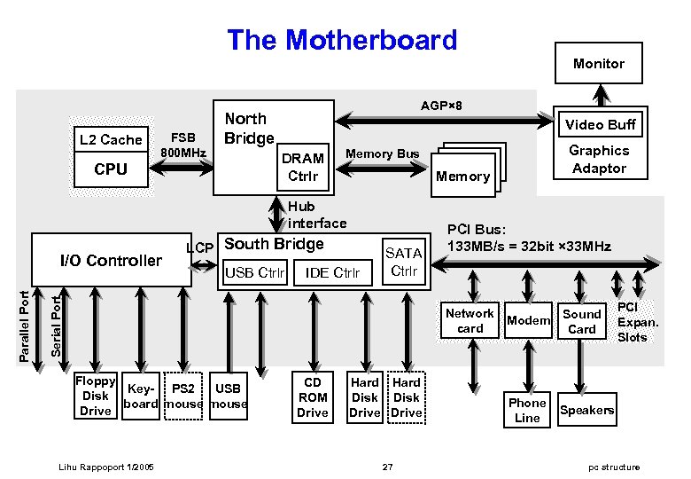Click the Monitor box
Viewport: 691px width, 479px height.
click(x=599, y=64)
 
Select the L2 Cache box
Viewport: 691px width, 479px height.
click(x=111, y=139)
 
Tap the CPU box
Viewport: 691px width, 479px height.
click(x=111, y=169)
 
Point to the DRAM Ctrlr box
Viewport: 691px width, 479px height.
click(x=302, y=167)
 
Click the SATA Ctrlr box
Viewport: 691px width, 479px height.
click(x=404, y=263)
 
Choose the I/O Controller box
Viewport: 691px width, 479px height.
click(x=111, y=260)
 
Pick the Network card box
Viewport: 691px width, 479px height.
click(x=470, y=321)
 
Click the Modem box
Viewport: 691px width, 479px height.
click(x=528, y=320)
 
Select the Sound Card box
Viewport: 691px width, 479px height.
click(x=582, y=321)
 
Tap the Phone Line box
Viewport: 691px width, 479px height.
click(x=527, y=410)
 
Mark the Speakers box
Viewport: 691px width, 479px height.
click(x=586, y=410)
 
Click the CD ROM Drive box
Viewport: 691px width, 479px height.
click(x=313, y=397)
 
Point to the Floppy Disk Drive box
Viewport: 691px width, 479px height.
click(x=96, y=397)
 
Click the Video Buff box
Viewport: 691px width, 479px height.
click(x=601, y=124)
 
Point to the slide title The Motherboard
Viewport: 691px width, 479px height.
click(x=342, y=40)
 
